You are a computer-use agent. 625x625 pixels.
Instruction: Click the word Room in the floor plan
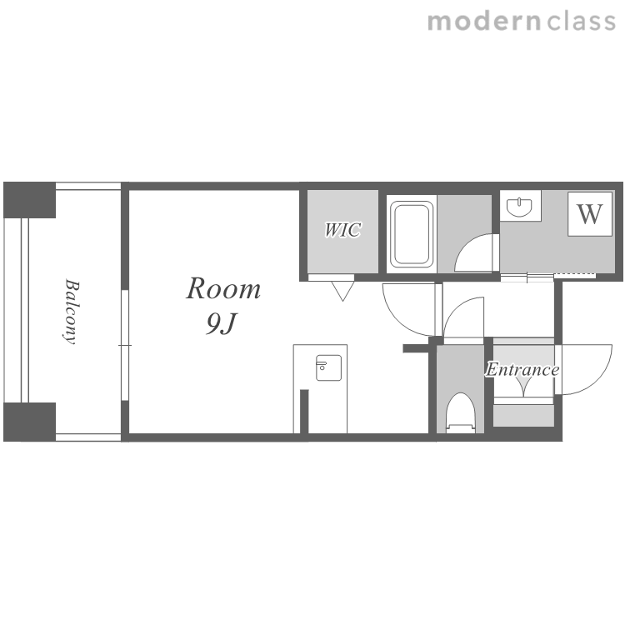(223, 288)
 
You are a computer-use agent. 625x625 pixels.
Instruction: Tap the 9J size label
(222, 323)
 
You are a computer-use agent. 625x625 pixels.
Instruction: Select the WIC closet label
(342, 230)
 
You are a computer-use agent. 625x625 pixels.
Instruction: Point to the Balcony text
(72, 312)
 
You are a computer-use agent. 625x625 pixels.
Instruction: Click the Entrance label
(522, 369)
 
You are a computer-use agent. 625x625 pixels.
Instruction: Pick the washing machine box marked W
(590, 214)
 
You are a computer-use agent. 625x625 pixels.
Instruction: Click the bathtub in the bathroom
(412, 234)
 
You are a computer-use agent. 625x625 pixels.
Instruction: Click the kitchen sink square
(328, 367)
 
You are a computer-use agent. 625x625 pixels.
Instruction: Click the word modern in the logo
(484, 21)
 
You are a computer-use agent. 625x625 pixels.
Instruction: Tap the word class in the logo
(581, 21)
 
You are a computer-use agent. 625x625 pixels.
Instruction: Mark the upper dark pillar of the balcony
(29, 200)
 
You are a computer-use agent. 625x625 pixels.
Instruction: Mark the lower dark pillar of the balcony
(29, 422)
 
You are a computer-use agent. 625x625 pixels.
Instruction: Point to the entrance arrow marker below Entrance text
(524, 387)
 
